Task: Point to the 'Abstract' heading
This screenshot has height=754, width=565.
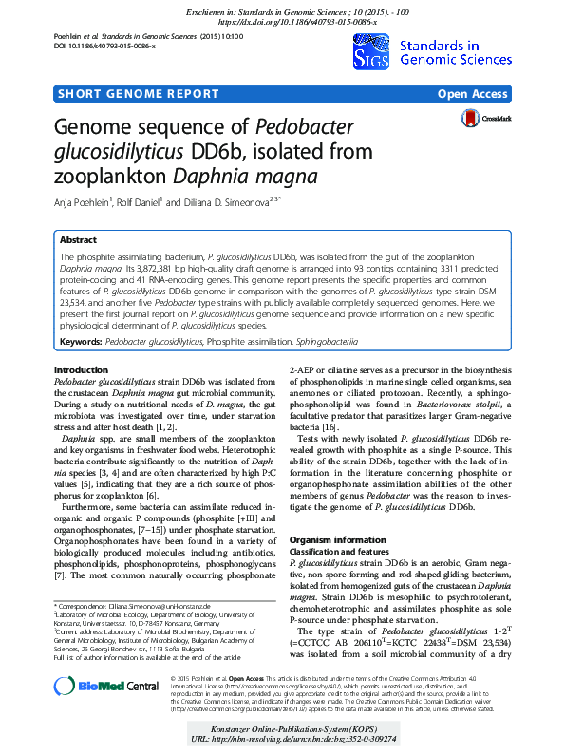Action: pos(78,241)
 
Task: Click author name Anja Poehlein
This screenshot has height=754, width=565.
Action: pos(84,201)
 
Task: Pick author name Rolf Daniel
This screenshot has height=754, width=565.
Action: pos(141,201)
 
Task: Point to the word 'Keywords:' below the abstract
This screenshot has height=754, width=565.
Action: pos(81,339)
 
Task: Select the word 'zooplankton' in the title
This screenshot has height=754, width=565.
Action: pos(109,177)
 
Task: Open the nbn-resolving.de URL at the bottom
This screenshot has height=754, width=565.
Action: pos(282,738)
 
